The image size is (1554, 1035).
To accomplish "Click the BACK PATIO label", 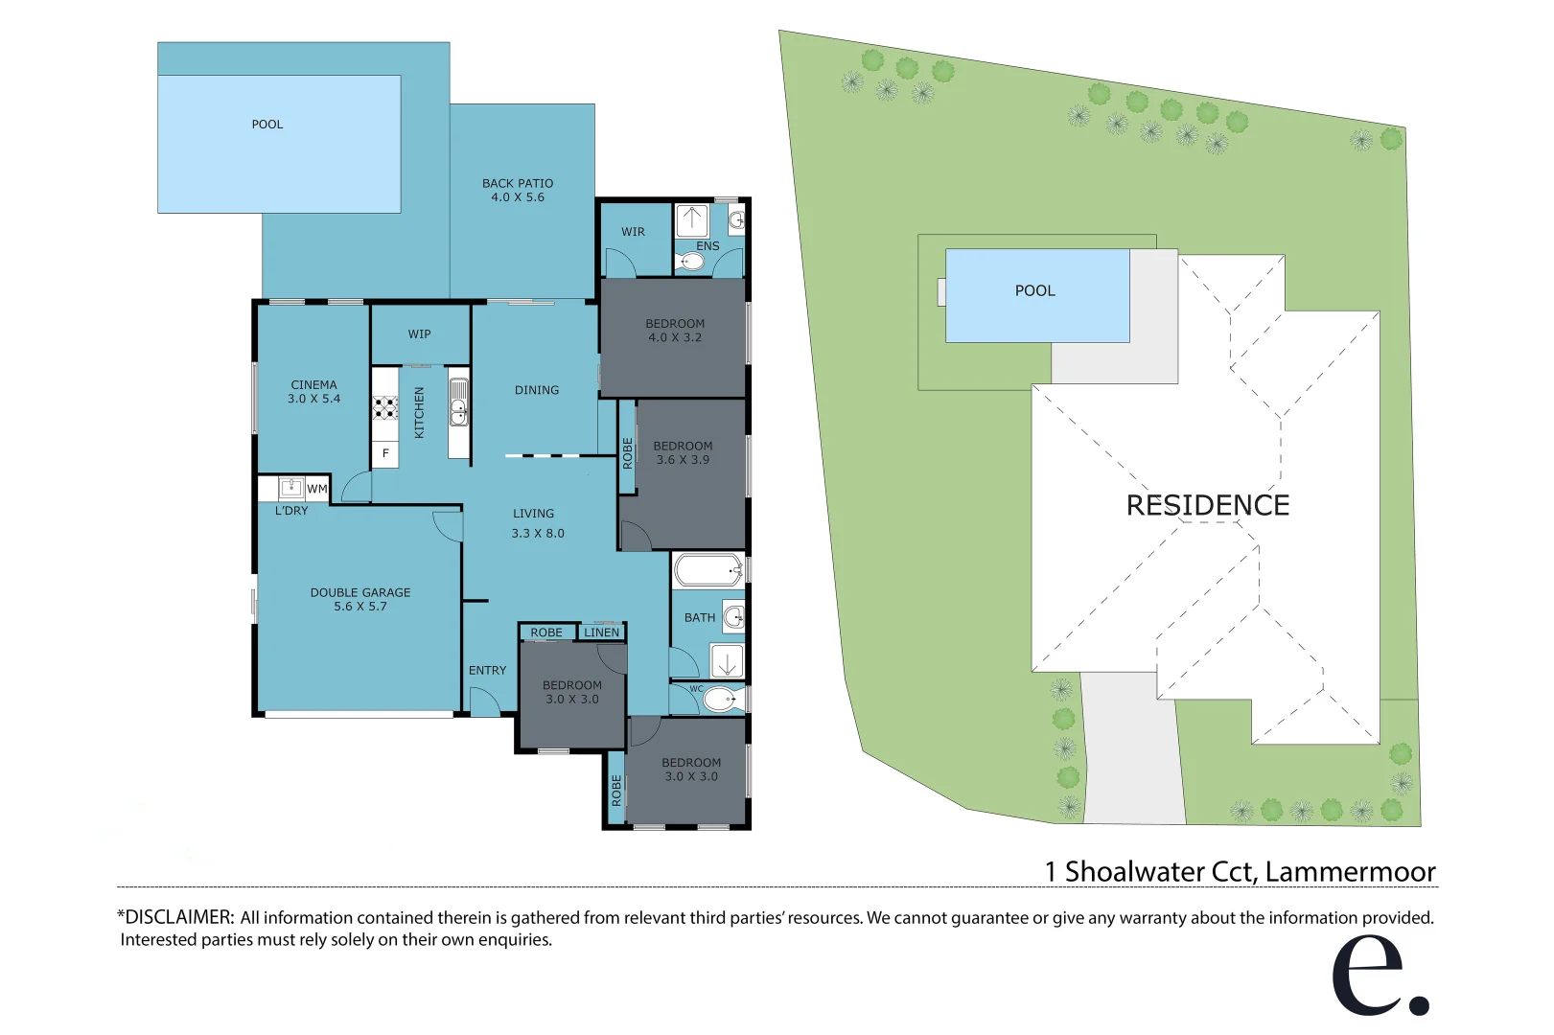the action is [x=518, y=183].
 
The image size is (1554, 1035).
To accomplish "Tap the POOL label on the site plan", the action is [x=1034, y=290].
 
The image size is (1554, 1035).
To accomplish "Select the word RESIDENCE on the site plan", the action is [x=1207, y=505].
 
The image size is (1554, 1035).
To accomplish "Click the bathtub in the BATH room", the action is [x=707, y=571].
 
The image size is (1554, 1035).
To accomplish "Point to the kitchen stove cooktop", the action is [x=385, y=408].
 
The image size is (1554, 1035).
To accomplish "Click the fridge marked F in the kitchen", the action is [x=385, y=453].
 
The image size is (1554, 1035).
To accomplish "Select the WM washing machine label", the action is [x=316, y=489].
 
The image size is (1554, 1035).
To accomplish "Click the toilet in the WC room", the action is [x=723, y=700].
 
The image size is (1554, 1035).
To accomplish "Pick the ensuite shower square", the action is [x=691, y=220].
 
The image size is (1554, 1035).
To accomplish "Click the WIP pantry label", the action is [x=419, y=334].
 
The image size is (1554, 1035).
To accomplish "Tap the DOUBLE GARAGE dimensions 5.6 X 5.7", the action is [x=360, y=607].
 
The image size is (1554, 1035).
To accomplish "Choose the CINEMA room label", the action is [x=313, y=385].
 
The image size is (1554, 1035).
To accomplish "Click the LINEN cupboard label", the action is [x=601, y=632].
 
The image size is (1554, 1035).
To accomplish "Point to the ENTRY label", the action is [x=487, y=670].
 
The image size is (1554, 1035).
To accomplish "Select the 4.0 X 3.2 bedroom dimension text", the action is [x=675, y=338].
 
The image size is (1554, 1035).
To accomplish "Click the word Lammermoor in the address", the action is [x=1350, y=872].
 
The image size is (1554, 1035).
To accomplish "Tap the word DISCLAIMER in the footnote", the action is [x=179, y=917].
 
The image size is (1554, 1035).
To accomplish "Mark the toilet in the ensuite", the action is [x=690, y=262].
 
